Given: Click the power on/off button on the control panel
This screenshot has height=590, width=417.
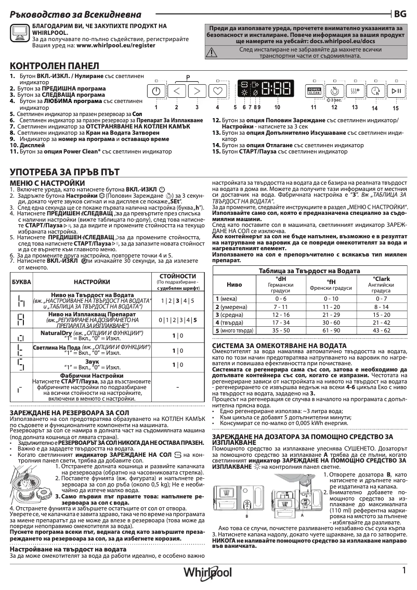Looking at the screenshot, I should pyautogui.click(x=157, y=91).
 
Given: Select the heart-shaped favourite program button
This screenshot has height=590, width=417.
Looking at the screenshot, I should pyautogui.click(x=218, y=91).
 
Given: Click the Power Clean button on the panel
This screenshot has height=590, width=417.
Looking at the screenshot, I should pyautogui.click(x=314, y=91).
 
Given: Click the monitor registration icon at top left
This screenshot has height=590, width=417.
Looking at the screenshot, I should pyautogui.click(x=20, y=32).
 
